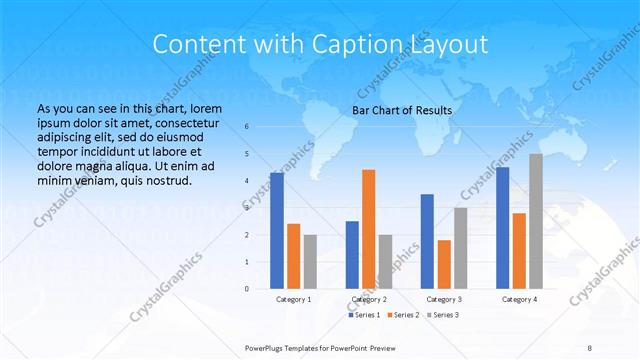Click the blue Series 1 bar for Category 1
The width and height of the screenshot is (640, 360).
(277, 231)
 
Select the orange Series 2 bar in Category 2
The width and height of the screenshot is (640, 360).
(368, 229)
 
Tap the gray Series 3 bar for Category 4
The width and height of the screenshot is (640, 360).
(536, 221)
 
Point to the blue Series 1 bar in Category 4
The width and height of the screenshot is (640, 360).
(502, 228)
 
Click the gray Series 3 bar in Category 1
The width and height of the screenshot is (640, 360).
(310, 262)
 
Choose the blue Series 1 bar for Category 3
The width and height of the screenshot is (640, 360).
(427, 241)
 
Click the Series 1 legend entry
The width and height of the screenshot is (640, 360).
(365, 315)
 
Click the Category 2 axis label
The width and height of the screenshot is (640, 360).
(369, 299)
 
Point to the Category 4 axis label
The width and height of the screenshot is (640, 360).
(519, 299)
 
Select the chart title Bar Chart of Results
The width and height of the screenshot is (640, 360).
(402, 110)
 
